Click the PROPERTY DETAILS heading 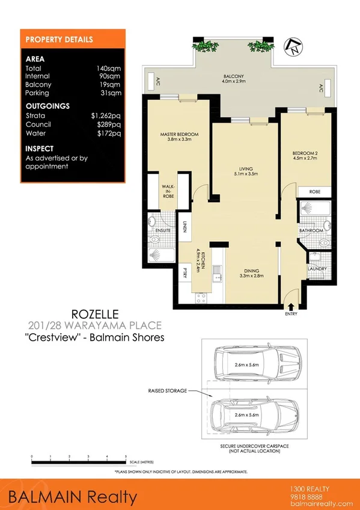point(59,40)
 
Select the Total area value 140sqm point(109,69)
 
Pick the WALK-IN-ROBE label point(168,191)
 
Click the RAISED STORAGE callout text point(166,390)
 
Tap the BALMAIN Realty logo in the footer point(72,497)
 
